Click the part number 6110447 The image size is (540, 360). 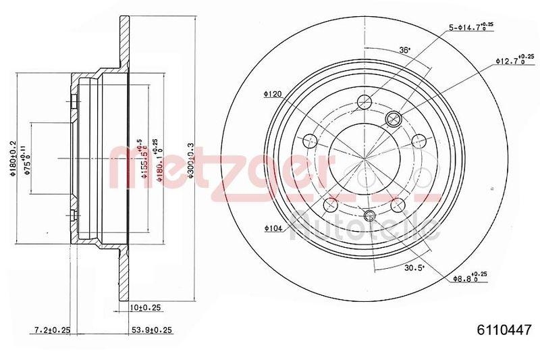click(503, 330)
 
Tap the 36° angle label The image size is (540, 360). click(404, 50)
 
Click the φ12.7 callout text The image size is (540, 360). click(514, 60)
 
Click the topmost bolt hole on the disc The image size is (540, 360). click(364, 102)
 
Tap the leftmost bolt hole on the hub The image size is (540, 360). click(310, 141)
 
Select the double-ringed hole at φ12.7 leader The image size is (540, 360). click(393, 120)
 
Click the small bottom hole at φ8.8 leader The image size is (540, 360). click(369, 215)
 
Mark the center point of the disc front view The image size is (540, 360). click(364, 160)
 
